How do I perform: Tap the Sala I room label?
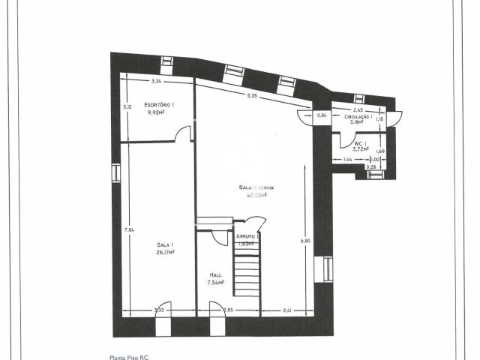click(x=165, y=245)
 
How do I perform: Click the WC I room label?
click(x=360, y=143)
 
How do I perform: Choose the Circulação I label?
click(x=358, y=118)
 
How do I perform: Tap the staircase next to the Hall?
click(x=246, y=274)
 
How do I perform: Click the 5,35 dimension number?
click(x=252, y=95)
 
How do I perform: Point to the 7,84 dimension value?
click(x=129, y=229)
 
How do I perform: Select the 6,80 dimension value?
click(x=304, y=241)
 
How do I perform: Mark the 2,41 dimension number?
click(x=287, y=310)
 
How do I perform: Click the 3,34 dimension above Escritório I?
click(x=157, y=80)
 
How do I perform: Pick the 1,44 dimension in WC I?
click(x=347, y=160)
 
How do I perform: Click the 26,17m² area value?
click(x=165, y=252)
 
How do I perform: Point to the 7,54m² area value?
click(x=215, y=283)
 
